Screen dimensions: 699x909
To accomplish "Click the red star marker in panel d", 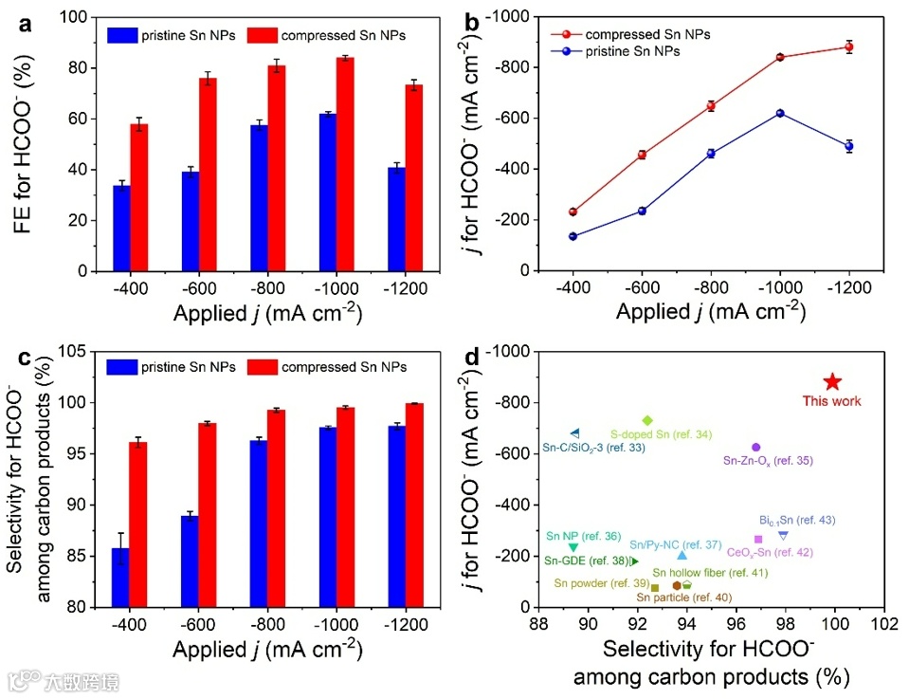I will [x=832, y=381].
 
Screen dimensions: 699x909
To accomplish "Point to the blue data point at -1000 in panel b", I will [x=780, y=113].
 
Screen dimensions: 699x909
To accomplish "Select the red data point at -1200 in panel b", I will [x=849, y=46].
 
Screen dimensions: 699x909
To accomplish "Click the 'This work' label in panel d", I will [x=832, y=401].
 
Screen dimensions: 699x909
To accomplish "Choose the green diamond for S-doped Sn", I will [x=647, y=420].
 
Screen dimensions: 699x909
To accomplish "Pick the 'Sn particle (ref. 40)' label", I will [x=683, y=598].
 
